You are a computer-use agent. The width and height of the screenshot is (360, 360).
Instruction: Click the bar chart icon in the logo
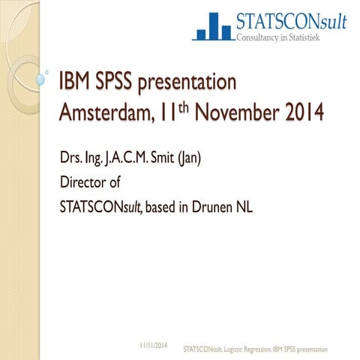(212, 26)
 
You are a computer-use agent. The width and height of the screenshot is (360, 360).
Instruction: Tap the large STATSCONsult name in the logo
(291, 21)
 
